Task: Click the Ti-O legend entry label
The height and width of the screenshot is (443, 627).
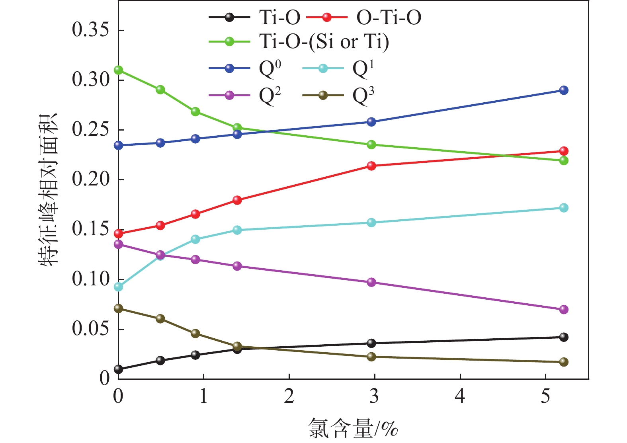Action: [279, 18]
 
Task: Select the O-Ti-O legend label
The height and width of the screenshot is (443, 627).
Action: [389, 18]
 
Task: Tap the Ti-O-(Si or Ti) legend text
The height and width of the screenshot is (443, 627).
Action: [324, 41]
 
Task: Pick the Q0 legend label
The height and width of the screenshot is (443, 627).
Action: [270, 69]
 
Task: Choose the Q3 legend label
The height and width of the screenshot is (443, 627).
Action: [363, 96]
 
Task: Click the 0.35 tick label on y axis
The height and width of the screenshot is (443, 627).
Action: [90, 30]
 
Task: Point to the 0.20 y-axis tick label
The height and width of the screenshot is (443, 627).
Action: [90, 179]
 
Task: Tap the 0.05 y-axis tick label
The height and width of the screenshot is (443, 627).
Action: [90, 329]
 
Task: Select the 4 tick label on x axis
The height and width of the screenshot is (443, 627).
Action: [460, 396]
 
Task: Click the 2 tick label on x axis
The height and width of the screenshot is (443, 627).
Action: [289, 396]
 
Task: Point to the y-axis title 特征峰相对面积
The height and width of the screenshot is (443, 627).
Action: [48, 189]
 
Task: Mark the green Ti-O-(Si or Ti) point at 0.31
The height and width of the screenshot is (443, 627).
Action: [118, 70]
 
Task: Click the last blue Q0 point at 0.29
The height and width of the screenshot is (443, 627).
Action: [564, 90]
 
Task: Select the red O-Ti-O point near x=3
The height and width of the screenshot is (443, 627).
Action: [371, 166]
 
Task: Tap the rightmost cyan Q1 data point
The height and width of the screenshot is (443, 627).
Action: [564, 208]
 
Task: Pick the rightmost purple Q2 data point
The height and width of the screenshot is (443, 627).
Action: [564, 309]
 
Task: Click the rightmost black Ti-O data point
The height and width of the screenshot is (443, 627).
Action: [564, 337]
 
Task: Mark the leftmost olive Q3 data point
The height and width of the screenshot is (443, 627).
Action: [118, 308]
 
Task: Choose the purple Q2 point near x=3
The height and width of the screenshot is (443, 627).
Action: [371, 282]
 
